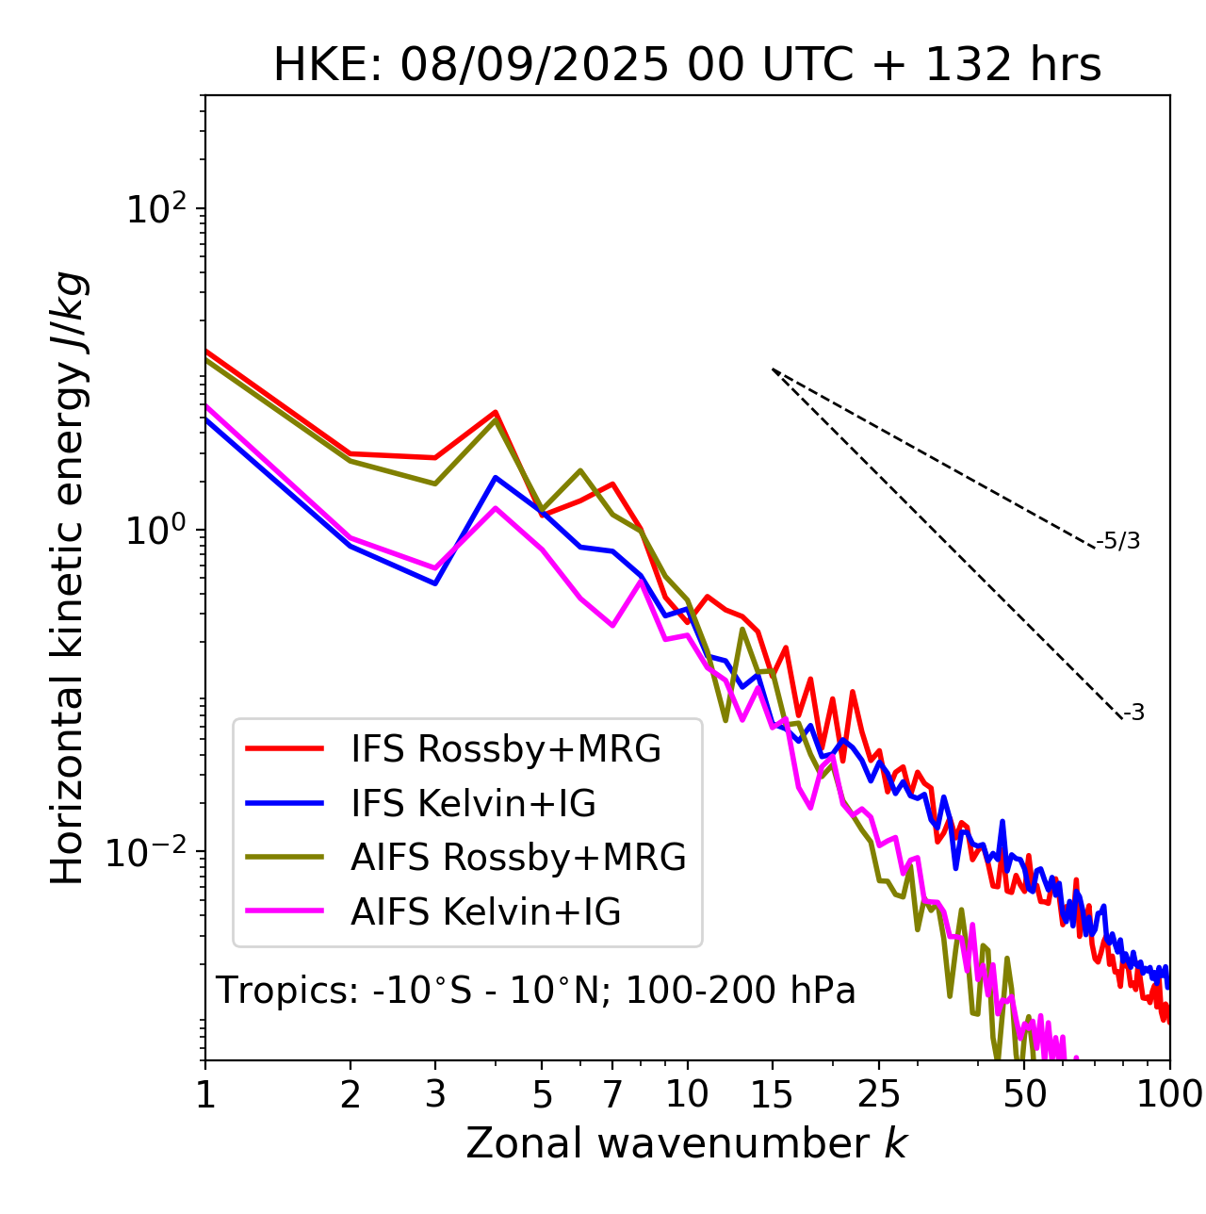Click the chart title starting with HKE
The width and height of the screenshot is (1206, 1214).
pyautogui.click(x=687, y=66)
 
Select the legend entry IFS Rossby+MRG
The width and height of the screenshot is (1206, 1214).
pyautogui.click(x=505, y=748)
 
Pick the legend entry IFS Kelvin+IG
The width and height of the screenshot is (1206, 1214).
pyautogui.click(x=473, y=803)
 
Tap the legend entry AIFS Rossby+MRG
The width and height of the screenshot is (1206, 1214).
pyautogui.click(x=518, y=857)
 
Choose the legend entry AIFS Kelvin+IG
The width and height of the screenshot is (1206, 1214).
pyautogui.click(x=485, y=911)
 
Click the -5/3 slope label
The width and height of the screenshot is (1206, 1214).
pyautogui.click(x=1118, y=541)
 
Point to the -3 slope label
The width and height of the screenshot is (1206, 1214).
pyautogui.click(x=1133, y=714)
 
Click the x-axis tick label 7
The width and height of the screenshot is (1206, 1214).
pyautogui.click(x=612, y=1094)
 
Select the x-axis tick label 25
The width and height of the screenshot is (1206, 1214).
pyautogui.click(x=878, y=1094)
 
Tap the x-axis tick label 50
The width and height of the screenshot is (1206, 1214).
pyautogui.click(x=1024, y=1094)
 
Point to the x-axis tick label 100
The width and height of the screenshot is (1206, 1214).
pyautogui.click(x=1169, y=1094)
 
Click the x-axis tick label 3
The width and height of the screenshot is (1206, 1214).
pyautogui.click(x=435, y=1094)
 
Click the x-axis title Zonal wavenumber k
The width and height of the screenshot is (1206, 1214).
pyautogui.click(x=687, y=1144)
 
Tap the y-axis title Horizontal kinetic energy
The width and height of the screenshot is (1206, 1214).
pyautogui.click(x=69, y=579)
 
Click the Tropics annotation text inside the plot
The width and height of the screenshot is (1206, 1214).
pyautogui.click(x=535, y=992)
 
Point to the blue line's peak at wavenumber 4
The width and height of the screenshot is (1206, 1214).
pyautogui.click(x=496, y=478)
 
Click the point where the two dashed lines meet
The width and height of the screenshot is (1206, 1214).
pyautogui.click(x=773, y=369)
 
